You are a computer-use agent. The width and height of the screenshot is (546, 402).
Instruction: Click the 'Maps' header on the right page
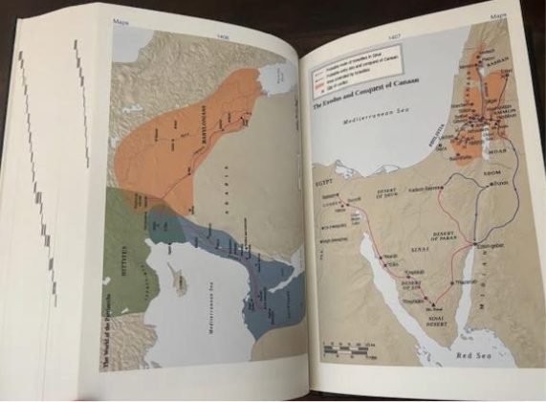[x=498, y=17]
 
